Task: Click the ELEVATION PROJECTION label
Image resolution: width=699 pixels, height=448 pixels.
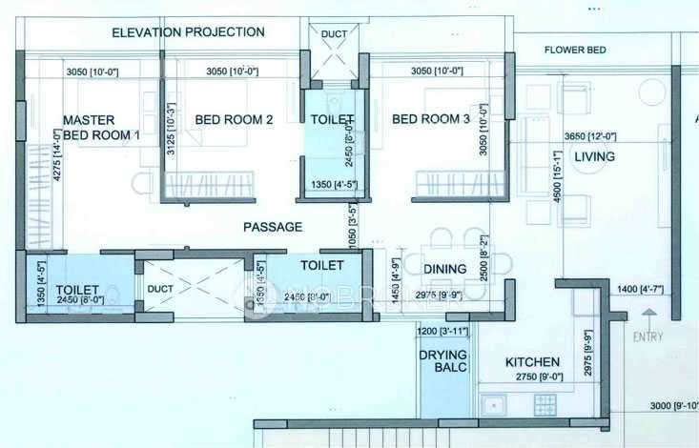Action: (188, 32)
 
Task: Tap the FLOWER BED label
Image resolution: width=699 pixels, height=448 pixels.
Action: (577, 50)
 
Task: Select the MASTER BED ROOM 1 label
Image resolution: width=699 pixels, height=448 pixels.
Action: (101, 128)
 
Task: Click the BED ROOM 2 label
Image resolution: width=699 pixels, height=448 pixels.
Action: (234, 120)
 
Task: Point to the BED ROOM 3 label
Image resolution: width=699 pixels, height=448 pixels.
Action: (431, 119)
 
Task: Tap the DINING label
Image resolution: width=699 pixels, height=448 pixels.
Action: (444, 269)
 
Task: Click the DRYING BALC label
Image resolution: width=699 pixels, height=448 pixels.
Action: (442, 363)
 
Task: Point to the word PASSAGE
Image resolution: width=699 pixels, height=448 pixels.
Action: (273, 227)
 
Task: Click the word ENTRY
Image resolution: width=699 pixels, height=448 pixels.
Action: (648, 337)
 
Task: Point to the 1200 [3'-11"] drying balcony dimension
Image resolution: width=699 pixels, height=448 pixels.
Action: (443, 331)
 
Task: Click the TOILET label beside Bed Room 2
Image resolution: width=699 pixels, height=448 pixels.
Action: (332, 120)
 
